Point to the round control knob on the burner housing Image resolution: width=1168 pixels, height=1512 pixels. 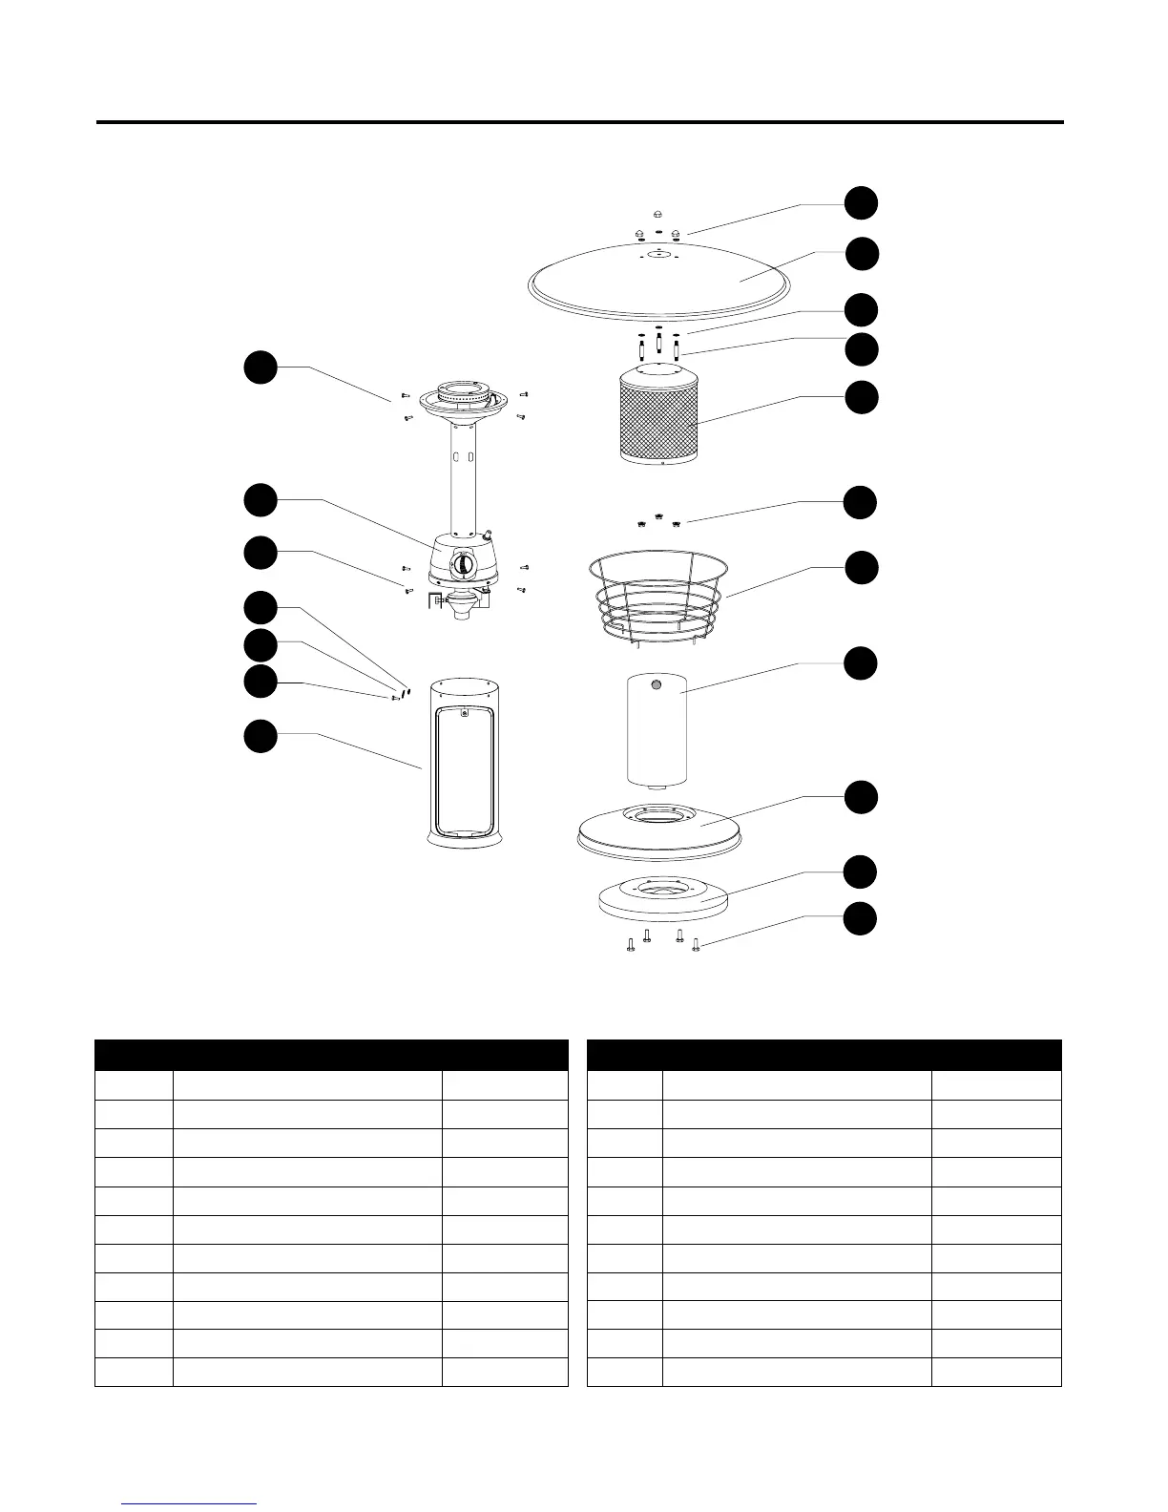click(463, 564)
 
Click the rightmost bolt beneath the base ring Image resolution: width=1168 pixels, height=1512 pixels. click(696, 945)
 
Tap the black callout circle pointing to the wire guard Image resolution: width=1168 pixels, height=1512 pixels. click(861, 567)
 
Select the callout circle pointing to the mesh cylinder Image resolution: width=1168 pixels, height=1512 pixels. click(861, 397)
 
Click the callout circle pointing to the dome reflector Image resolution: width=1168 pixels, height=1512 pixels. click(861, 254)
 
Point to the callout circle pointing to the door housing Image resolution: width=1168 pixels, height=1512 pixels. click(260, 735)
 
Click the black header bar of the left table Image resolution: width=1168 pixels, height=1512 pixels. click(331, 1055)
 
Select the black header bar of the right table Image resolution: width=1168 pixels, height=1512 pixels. click(824, 1055)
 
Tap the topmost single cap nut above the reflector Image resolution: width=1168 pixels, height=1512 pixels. click(658, 214)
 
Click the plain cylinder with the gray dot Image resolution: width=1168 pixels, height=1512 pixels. click(657, 730)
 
